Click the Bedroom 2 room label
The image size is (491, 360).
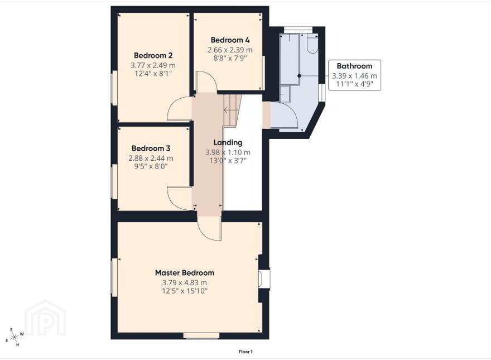pyautogui.click(x=153, y=55)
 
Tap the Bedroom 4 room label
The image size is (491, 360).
pyautogui.click(x=230, y=40)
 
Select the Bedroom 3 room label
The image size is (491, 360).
pyautogui.click(x=151, y=148)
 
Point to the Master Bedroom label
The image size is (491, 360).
pyautogui.click(x=185, y=273)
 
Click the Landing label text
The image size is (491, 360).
pyautogui.click(x=228, y=142)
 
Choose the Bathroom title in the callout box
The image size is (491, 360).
pyautogui.click(x=354, y=66)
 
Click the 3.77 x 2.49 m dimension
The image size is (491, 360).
pyautogui.click(x=153, y=65)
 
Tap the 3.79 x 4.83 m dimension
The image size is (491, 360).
pyautogui.click(x=185, y=282)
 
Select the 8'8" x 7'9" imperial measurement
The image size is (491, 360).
pyautogui.click(x=230, y=58)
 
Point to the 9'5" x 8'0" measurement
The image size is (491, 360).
pyautogui.click(x=151, y=166)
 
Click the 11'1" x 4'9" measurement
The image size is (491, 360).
pyautogui.click(x=354, y=84)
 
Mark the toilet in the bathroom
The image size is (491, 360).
pyautogui.click(x=312, y=43)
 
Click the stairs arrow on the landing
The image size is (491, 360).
pyautogui.click(x=230, y=111)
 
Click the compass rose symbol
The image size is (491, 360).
pyautogui.click(x=15, y=337)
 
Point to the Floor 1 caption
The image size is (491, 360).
pyautogui.click(x=245, y=352)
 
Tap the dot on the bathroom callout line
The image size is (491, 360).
pyautogui.click(x=300, y=76)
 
